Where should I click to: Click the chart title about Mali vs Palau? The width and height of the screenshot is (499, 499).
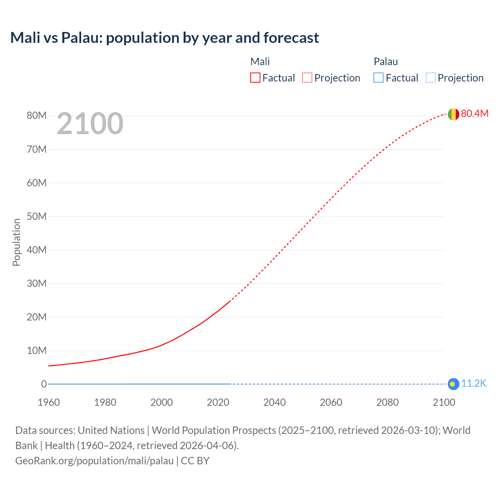tap(165, 38)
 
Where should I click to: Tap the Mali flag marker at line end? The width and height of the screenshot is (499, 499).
tap(453, 114)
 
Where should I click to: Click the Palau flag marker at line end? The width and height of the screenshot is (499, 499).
tap(453, 384)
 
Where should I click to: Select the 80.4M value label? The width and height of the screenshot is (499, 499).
tap(474, 113)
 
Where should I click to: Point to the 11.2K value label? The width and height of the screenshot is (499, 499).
tap(474, 384)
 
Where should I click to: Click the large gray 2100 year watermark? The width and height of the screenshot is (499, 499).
tap(90, 124)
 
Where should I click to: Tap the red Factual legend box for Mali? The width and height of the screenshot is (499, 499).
tap(255, 78)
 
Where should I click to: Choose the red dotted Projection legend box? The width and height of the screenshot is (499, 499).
tap(307, 78)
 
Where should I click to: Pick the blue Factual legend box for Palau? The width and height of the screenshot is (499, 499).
tap(379, 78)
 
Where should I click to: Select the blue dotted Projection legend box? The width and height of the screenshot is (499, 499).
tap(430, 78)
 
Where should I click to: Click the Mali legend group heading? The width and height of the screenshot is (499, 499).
tap(260, 62)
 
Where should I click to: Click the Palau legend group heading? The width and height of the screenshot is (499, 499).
tap(386, 62)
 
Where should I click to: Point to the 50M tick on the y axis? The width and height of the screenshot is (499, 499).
tap(37, 216)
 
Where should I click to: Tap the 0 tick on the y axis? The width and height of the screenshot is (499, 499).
tap(44, 384)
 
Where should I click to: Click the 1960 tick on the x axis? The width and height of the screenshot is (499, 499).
tap(49, 402)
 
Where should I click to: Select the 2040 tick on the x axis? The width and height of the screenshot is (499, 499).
tap(274, 402)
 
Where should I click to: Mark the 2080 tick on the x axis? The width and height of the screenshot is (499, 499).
tap(388, 402)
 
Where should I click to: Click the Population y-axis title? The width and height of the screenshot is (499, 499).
tap(16, 242)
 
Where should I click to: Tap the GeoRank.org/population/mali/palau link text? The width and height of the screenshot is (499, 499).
tap(94, 461)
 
